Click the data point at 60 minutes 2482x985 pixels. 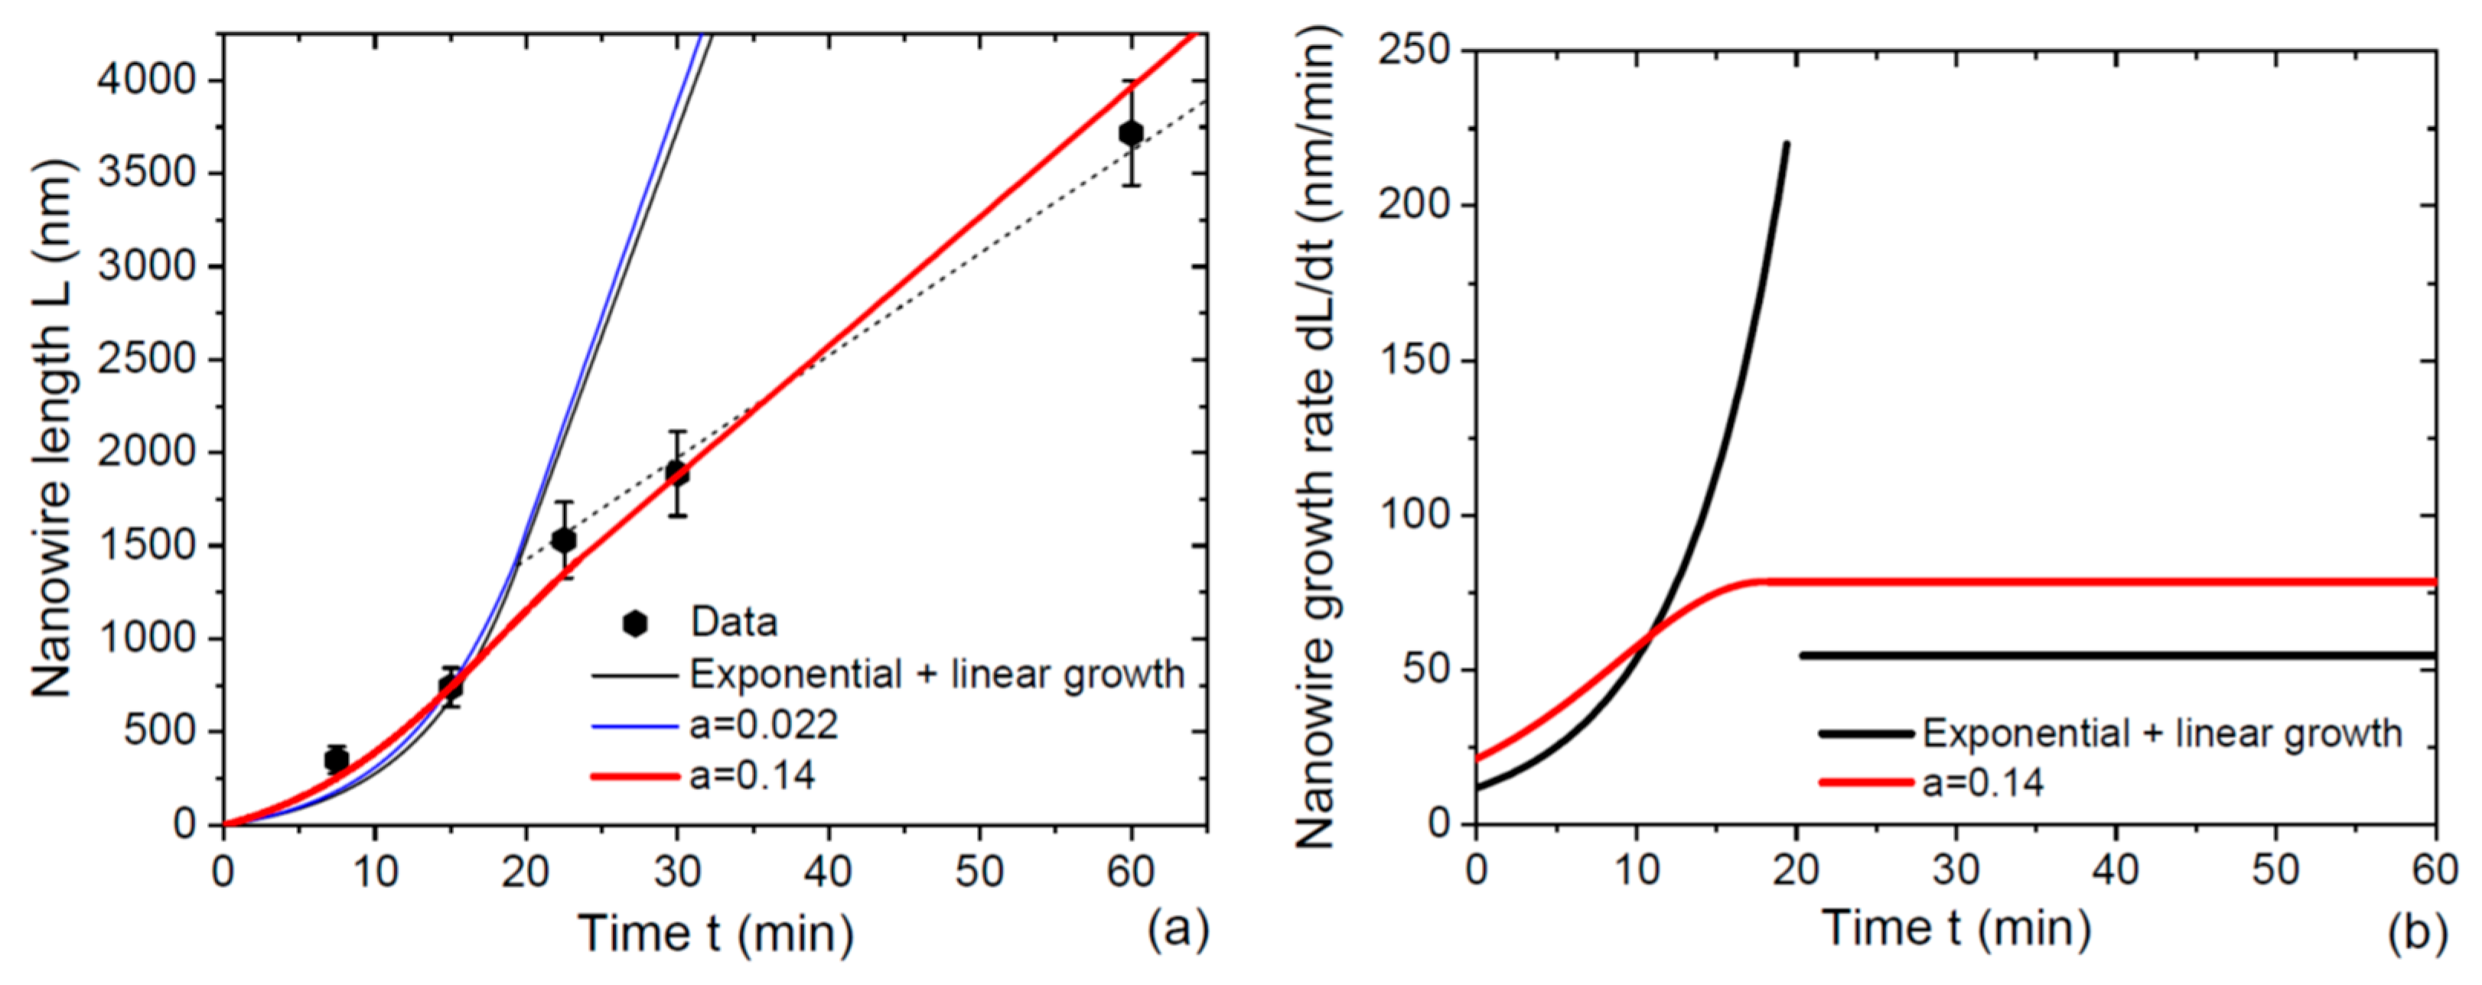pyautogui.click(x=1131, y=133)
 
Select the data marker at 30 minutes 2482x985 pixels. pyautogui.click(x=676, y=473)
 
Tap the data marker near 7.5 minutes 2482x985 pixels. pyautogui.click(x=337, y=759)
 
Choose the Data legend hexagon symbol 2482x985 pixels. pyautogui.click(x=635, y=624)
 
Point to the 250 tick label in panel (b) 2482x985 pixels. pyautogui.click(x=1415, y=50)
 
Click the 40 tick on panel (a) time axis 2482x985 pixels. pyautogui.click(x=828, y=871)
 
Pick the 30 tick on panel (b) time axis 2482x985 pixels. pyautogui.click(x=1956, y=870)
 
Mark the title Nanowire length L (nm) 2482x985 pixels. pyautogui.click(x=53, y=428)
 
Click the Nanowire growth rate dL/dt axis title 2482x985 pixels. pyautogui.click(x=1316, y=438)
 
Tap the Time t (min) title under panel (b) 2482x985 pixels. pyautogui.click(x=1956, y=929)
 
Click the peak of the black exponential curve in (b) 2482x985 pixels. pyautogui.click(x=1787, y=145)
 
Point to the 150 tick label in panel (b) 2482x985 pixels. pyautogui.click(x=1415, y=360)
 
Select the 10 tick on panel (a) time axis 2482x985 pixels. pyautogui.click(x=374, y=871)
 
